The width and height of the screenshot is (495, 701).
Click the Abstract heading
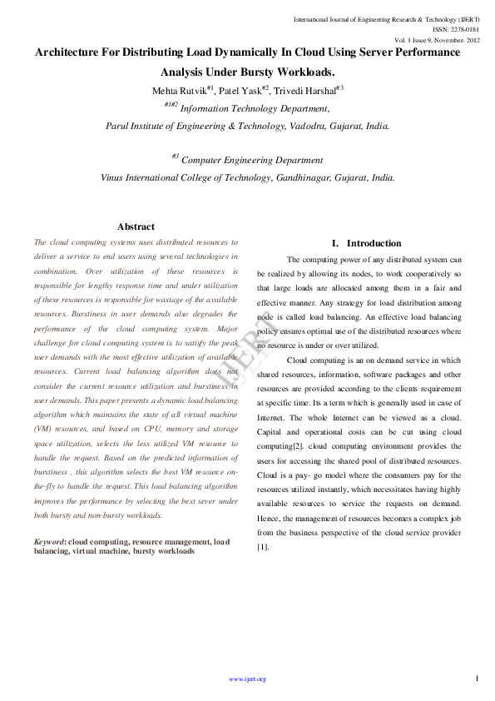[136, 226]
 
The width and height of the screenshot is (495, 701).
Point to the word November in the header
[444, 40]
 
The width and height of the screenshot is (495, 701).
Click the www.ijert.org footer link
[247, 679]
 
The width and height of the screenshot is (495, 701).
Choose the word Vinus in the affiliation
[116, 177]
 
